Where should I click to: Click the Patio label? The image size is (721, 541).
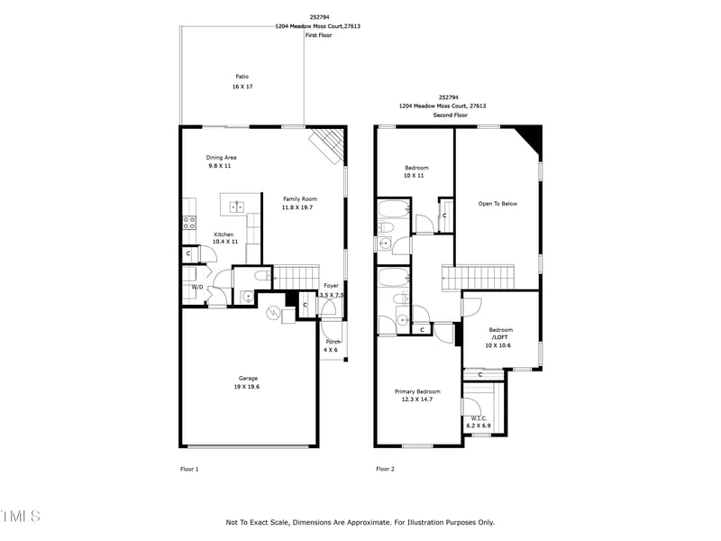point(242,77)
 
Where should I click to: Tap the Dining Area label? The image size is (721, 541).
point(221,158)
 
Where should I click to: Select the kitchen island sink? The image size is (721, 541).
point(237,206)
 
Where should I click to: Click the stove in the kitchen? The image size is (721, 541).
point(189,221)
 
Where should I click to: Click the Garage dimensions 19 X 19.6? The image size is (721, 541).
point(249,387)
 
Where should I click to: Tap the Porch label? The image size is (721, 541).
point(333,342)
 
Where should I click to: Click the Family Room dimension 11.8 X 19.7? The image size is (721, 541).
point(300,207)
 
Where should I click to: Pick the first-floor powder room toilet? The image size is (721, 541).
point(260,277)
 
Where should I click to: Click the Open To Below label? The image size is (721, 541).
point(497,204)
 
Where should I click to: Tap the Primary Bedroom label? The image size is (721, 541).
point(417,391)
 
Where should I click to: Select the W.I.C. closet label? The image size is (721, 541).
point(479,417)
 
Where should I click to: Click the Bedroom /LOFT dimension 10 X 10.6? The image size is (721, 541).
point(498,345)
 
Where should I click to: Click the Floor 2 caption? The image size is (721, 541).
point(385,469)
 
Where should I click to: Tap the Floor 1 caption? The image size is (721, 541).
point(189,469)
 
